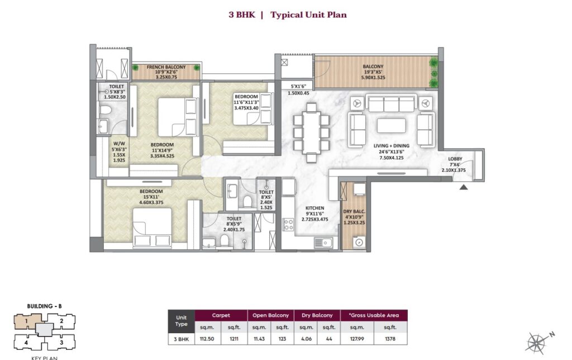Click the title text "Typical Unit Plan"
(308, 15)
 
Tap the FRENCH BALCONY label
(166, 67)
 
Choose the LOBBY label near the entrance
(455, 158)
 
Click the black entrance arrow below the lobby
(463, 187)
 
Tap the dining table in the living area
(309, 131)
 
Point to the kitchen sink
(323, 242)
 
